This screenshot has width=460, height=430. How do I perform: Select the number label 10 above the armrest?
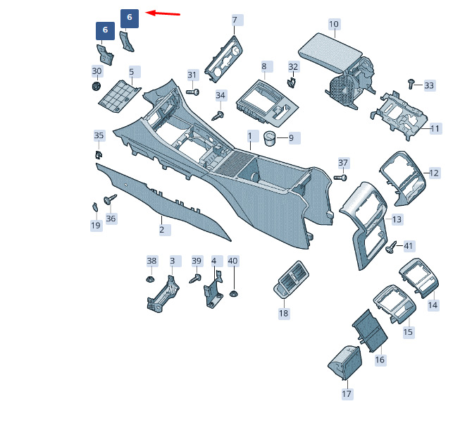(x=334, y=24)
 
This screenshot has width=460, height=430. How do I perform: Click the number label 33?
(x=429, y=85)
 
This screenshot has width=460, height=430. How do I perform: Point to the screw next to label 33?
(x=412, y=84)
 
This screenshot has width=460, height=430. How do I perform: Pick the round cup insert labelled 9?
(x=270, y=137)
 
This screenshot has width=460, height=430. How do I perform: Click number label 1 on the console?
(x=249, y=135)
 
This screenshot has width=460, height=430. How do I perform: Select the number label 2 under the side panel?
(x=161, y=229)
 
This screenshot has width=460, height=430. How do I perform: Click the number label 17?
(x=347, y=393)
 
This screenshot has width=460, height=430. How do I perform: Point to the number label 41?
(x=409, y=246)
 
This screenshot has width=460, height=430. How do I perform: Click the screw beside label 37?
(x=338, y=177)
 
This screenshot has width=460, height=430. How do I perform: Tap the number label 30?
(x=97, y=71)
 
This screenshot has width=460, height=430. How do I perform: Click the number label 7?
(x=235, y=19)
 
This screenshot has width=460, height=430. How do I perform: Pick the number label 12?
(x=434, y=173)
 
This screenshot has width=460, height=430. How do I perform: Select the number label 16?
(x=380, y=360)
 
